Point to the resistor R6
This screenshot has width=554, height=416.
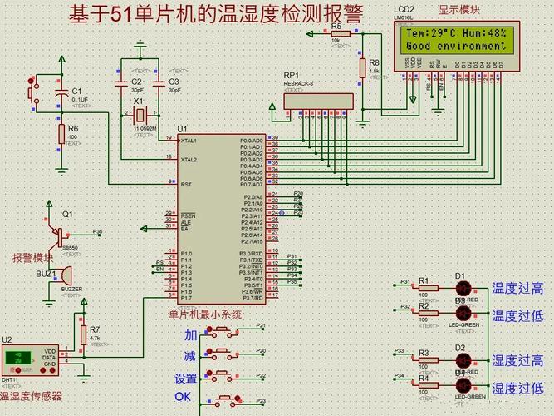pyautogui.click(x=61, y=134)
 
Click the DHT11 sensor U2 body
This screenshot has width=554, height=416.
pyautogui.click(x=30, y=359)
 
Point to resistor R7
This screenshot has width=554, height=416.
pyautogui.click(x=83, y=334)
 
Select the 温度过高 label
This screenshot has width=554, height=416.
pyautogui.click(x=517, y=289)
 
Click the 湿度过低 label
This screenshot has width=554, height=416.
pyautogui.click(x=517, y=388)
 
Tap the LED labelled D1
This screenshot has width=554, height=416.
pyautogui.click(x=464, y=288)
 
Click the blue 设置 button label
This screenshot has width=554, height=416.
pyautogui.click(x=186, y=378)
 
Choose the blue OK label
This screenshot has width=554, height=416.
pyautogui.click(x=183, y=397)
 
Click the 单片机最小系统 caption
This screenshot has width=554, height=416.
pyautogui.click(x=205, y=314)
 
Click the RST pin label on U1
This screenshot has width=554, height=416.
pyautogui.click(x=186, y=184)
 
